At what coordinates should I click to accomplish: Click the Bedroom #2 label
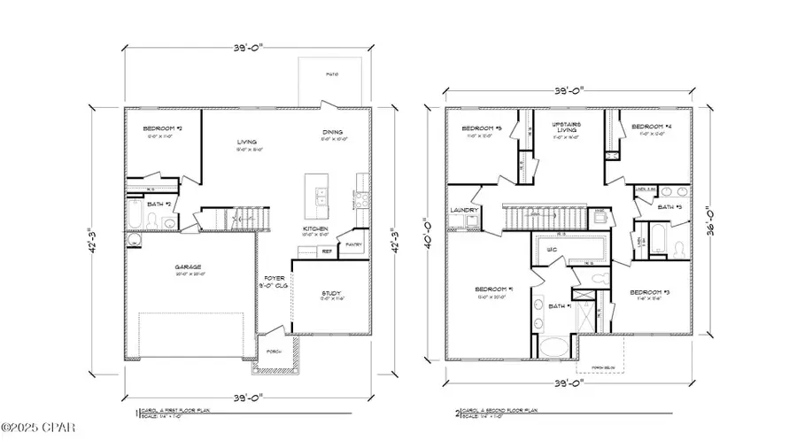162,129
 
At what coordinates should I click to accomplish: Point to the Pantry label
354,244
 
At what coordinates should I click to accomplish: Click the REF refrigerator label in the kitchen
327,251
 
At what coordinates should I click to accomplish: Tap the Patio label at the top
330,74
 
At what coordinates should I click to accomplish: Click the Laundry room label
464,210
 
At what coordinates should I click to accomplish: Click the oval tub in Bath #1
555,346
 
